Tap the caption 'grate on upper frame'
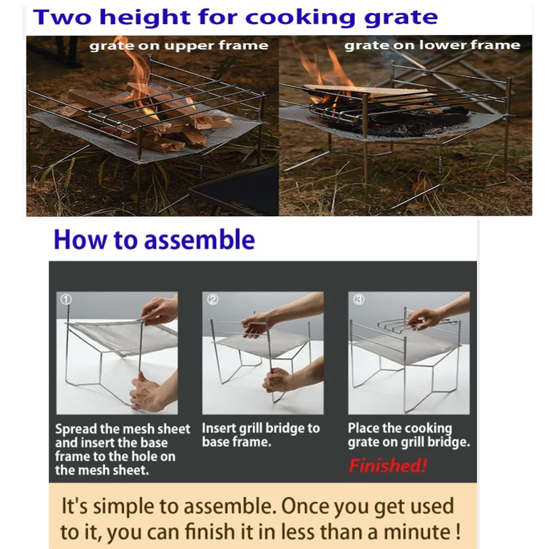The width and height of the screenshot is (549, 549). (179, 46)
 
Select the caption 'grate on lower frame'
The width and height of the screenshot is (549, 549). (432, 45)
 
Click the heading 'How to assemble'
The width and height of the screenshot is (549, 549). (155, 240)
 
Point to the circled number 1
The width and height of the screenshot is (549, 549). (66, 299)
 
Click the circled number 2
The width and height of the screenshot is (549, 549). (212, 299)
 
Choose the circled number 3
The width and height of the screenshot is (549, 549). (359, 299)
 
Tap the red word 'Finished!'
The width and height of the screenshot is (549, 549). (388, 466)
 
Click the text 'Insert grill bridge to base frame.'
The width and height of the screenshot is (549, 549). (261, 435)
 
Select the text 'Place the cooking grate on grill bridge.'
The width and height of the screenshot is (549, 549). (409, 435)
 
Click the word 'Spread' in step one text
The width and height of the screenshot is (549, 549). (76, 429)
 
